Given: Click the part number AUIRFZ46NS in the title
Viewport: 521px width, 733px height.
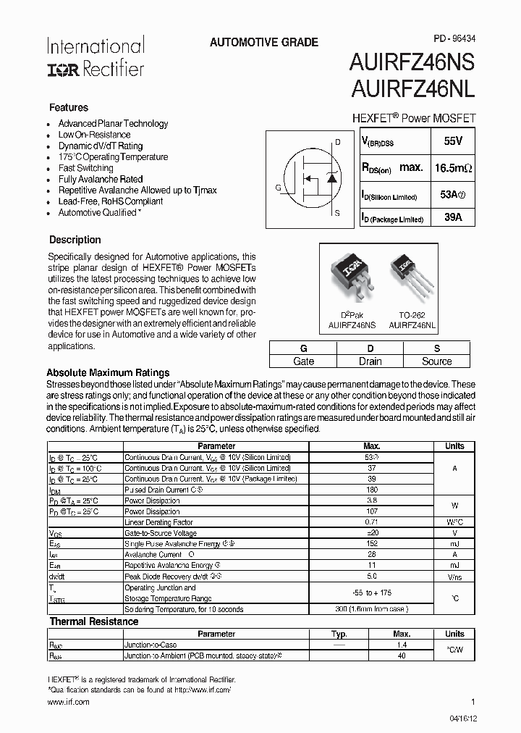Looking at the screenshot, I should coord(413,64).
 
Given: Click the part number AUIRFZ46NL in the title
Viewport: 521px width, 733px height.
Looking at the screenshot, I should coord(413,90).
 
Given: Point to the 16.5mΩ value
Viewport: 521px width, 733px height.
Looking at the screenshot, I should coord(453,168).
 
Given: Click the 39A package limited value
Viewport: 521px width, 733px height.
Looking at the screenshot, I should coord(452,217).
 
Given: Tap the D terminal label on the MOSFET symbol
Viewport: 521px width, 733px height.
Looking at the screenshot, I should coord(337,142).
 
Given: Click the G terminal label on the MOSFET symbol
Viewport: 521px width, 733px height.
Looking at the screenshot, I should coord(278,188).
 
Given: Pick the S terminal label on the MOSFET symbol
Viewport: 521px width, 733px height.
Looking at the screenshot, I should coord(337,213).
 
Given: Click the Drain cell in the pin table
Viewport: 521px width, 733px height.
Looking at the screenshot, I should coord(370,361).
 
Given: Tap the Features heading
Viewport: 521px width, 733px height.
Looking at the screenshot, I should coord(69,107).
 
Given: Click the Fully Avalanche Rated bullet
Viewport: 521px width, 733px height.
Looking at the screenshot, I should coord(101,179).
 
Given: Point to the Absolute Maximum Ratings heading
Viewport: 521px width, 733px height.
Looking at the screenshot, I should coord(108,373).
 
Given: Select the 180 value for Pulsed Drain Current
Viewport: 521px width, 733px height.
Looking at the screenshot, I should coord(372,490).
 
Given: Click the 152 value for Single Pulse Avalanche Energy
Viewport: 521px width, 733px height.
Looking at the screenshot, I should coord(372,544).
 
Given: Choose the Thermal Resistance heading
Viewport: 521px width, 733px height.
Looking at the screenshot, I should coord(93,621).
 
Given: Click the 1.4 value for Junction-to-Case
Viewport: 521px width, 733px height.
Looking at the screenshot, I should coord(402,645).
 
